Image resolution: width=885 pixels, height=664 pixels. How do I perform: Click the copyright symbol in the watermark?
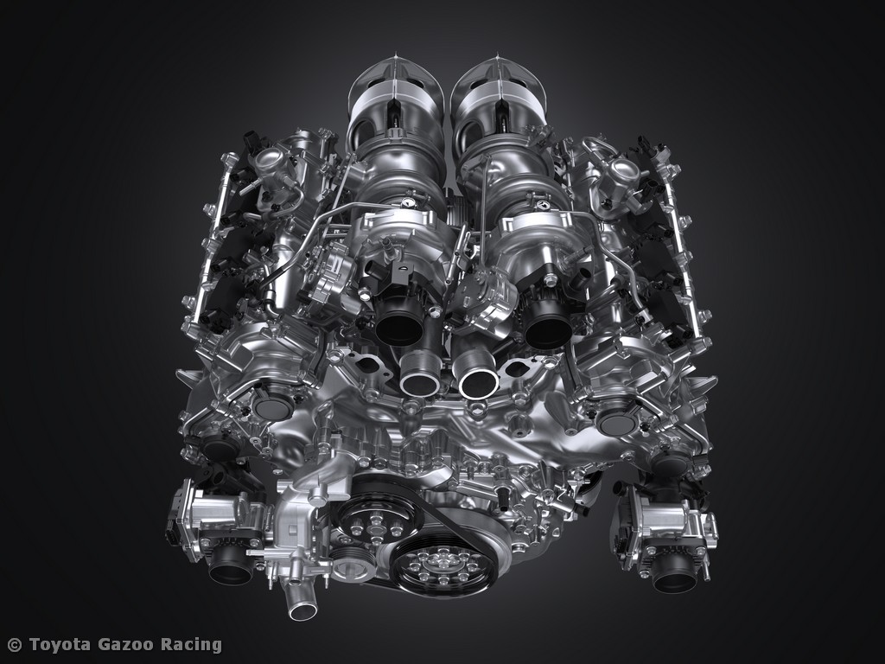click(x=15, y=645)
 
